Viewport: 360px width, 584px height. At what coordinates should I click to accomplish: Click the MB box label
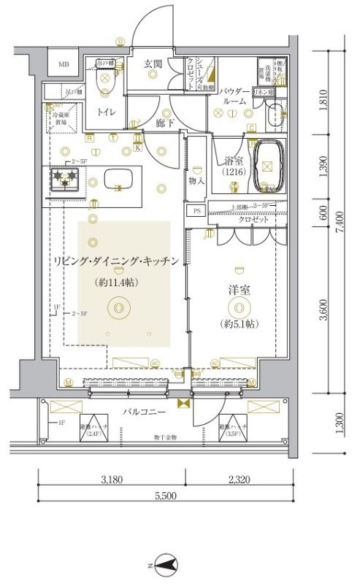[64, 64]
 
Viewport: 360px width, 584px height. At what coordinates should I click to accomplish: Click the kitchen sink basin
[117, 180]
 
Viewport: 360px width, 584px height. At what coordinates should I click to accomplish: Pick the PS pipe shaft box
[196, 211]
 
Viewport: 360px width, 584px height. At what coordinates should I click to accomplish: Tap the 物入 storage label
[196, 180]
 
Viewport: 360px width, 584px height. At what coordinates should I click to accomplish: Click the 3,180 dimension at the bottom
[111, 479]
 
